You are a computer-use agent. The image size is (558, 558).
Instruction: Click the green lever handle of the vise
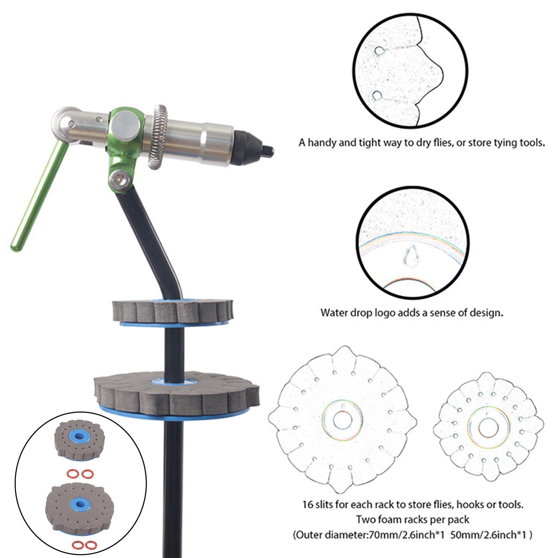coord(38,195)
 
